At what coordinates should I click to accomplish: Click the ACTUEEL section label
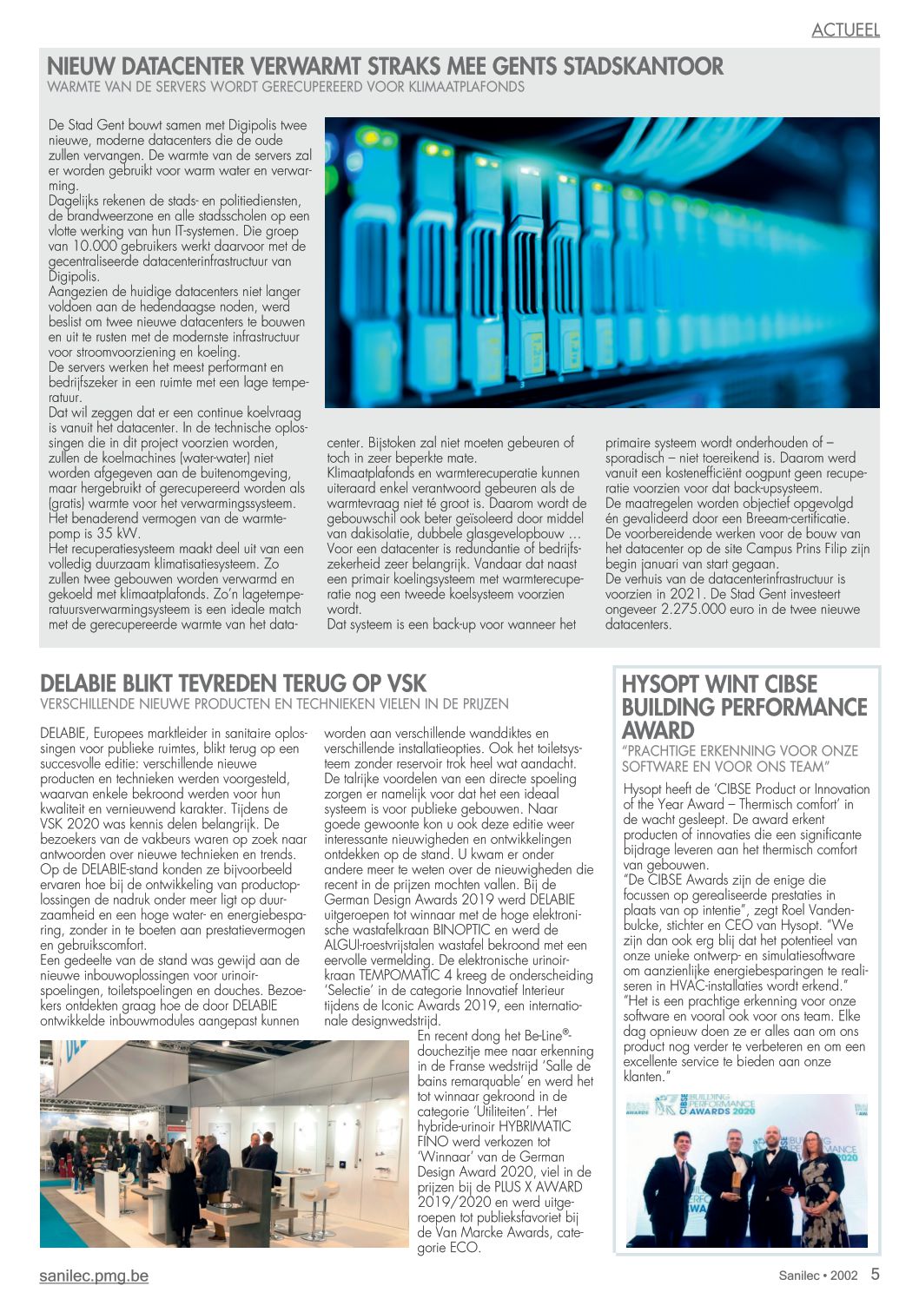click(x=845, y=30)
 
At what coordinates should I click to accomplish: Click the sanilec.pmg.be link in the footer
click(x=94, y=1276)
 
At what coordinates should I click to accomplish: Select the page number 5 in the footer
click(x=875, y=1275)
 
